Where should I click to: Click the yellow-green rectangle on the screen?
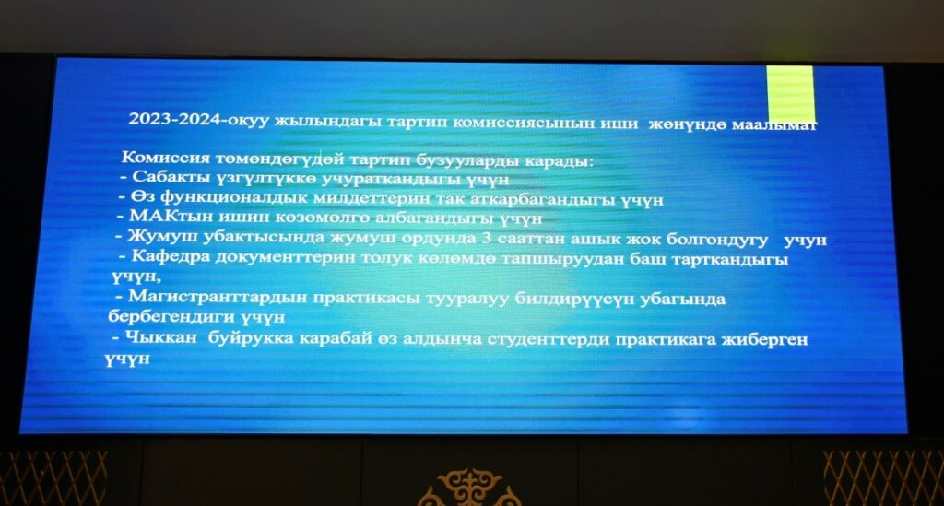790,94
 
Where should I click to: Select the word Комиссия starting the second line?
166,158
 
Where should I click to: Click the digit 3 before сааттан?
487,238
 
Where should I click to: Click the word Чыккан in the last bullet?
160,337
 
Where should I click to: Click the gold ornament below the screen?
470,488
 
